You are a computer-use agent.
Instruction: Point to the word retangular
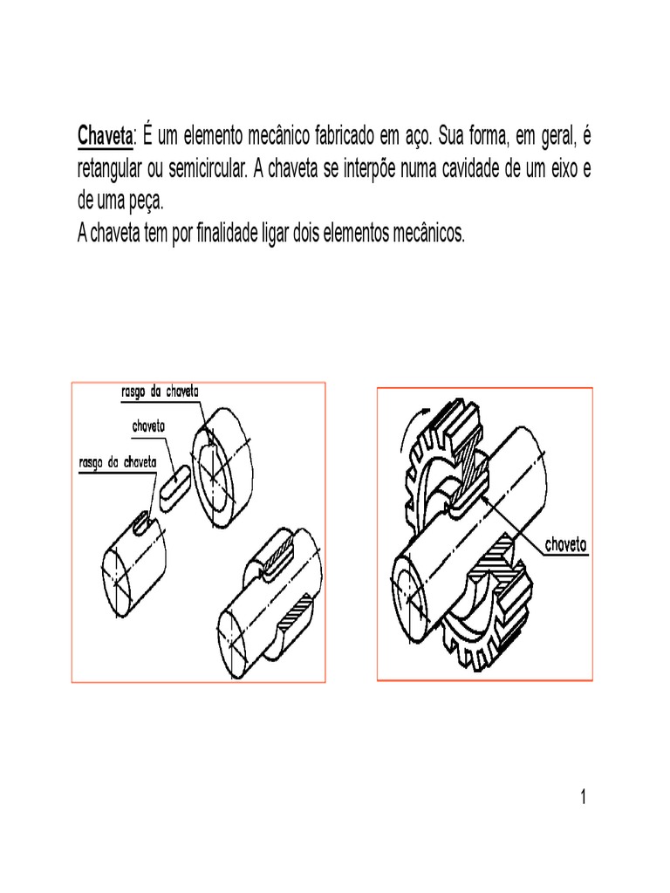pos(110,168)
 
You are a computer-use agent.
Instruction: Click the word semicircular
pos(204,168)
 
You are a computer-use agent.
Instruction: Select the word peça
pos(143,201)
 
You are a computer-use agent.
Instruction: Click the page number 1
pos(583,799)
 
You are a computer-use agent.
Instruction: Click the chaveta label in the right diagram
pos(566,546)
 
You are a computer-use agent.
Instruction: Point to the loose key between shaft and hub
pos(178,479)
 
